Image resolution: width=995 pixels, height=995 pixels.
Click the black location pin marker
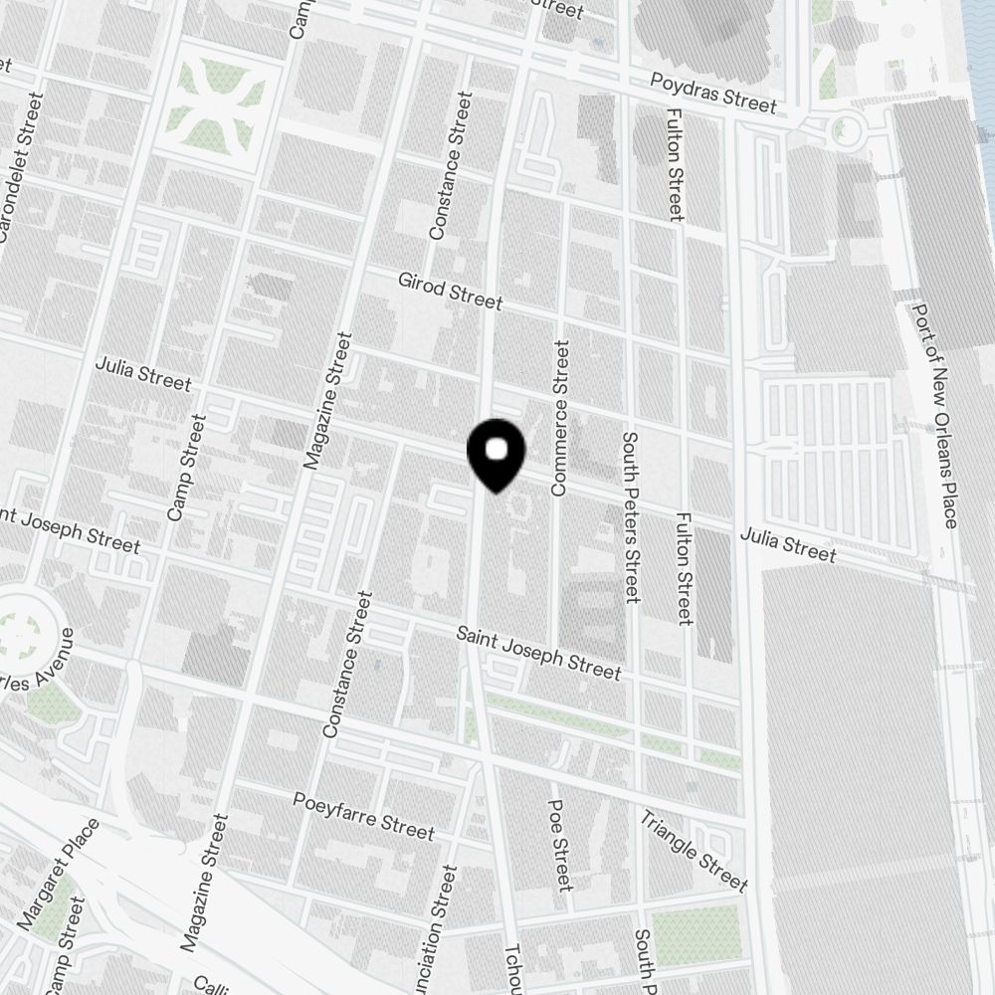click(x=496, y=454)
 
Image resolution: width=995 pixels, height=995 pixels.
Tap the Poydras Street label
click(x=712, y=93)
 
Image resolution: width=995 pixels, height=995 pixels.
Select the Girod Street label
click(x=451, y=290)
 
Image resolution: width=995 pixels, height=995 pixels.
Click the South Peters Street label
click(x=629, y=517)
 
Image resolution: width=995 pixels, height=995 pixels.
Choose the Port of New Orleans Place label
click(x=934, y=416)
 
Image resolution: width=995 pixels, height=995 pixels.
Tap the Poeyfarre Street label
click(x=363, y=815)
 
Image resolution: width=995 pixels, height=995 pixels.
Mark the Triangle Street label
click(x=694, y=851)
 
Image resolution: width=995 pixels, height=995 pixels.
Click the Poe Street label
click(x=560, y=845)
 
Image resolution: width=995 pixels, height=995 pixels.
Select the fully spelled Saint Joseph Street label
click(x=538, y=653)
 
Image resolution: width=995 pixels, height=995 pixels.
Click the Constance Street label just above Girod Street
click(x=447, y=166)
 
